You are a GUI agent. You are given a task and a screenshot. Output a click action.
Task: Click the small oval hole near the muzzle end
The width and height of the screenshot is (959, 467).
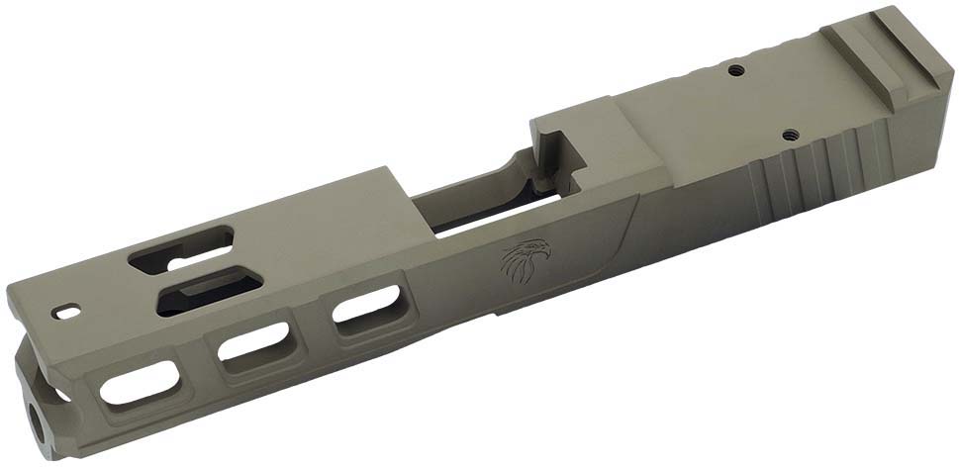(x=69, y=311)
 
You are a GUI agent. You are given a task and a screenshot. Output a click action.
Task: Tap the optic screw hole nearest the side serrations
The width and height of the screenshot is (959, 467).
(x=790, y=133)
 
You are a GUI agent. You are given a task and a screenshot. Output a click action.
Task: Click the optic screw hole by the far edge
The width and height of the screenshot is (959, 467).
(x=735, y=70)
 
